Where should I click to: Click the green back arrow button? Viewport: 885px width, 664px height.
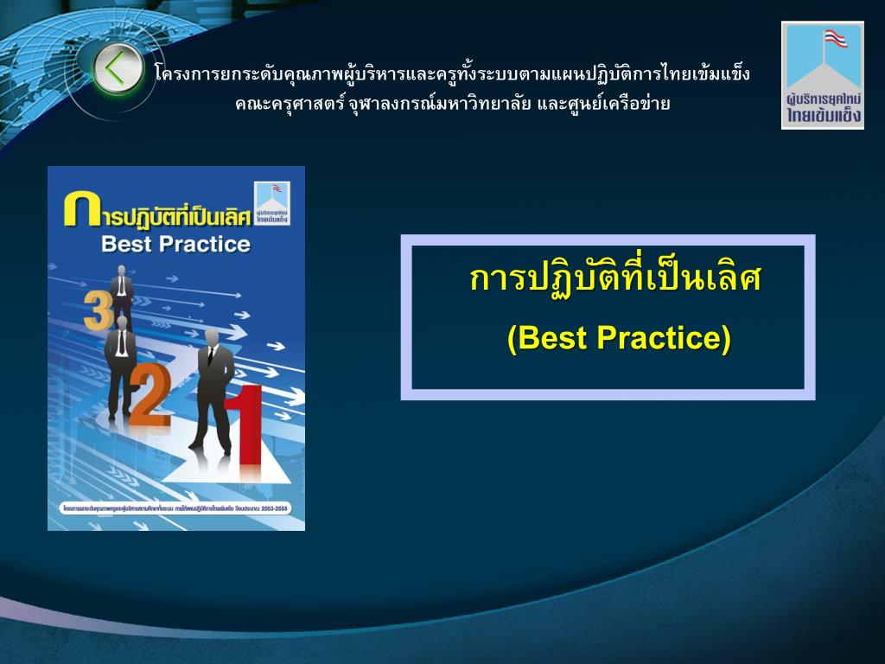(118, 69)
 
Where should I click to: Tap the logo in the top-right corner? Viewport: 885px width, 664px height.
(823, 75)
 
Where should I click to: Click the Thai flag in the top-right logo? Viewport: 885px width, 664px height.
(835, 39)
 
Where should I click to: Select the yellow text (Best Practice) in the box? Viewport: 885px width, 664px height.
(619, 338)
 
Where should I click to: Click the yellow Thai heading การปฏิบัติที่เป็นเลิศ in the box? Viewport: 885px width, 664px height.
(614, 279)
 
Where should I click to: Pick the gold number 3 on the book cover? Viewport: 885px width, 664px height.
(97, 311)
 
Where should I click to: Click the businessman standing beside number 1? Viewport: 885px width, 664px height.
(213, 389)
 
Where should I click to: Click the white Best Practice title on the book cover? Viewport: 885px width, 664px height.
(175, 245)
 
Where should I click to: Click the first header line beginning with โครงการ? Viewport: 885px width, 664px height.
(451, 73)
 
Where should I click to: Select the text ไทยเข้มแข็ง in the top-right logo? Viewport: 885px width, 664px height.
(824, 117)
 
